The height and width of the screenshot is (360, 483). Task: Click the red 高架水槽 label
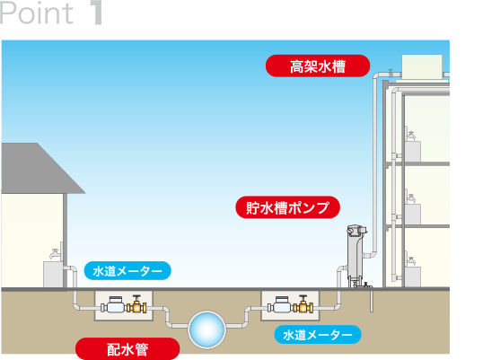[318, 66]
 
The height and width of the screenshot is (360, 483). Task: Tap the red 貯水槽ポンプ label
[287, 207]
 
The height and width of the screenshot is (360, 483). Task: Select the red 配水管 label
[127, 349]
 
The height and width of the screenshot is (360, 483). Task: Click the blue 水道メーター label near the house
[127, 271]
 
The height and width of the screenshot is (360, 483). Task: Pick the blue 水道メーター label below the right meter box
[318, 335]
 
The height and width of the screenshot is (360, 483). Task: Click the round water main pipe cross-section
[206, 329]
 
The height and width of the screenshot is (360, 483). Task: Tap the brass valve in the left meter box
[136, 304]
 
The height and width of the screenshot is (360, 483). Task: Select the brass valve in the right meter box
[303, 304]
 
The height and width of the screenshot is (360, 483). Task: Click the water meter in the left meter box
[113, 305]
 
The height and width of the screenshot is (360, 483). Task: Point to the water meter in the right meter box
[280, 305]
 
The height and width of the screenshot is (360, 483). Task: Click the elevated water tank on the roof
[422, 67]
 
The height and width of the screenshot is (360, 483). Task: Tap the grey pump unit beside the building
[356, 256]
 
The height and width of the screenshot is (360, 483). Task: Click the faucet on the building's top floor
[411, 135]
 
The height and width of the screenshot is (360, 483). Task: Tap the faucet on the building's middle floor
[411, 198]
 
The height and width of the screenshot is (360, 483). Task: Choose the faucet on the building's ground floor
[411, 261]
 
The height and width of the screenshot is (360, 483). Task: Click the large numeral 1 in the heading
[97, 13]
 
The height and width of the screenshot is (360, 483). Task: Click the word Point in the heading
[37, 13]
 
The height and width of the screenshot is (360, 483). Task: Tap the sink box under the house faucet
[53, 275]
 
